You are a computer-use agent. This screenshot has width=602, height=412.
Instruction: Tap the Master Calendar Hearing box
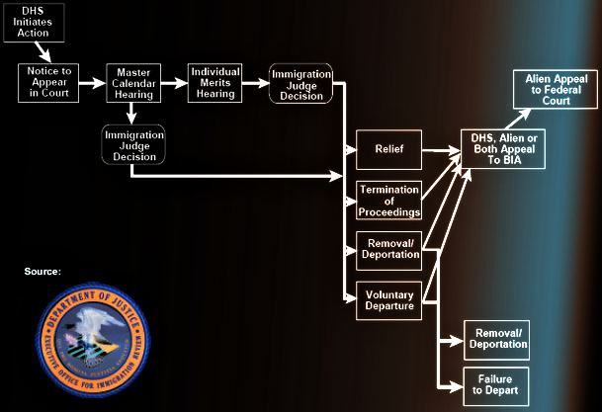(x=133, y=82)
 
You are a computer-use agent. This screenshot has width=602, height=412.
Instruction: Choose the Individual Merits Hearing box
(x=215, y=82)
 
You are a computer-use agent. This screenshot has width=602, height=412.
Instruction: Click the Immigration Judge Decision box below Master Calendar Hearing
(x=133, y=143)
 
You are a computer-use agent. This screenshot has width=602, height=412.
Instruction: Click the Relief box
(x=388, y=151)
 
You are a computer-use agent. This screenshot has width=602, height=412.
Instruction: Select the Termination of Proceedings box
(x=388, y=200)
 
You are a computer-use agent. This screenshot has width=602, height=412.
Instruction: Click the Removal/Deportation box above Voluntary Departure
(x=388, y=250)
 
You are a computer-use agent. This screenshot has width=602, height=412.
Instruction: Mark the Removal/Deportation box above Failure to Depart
(x=497, y=340)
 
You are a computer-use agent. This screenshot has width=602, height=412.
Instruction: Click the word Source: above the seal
(x=43, y=270)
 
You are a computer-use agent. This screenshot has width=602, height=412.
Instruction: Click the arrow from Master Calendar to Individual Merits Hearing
(x=174, y=83)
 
